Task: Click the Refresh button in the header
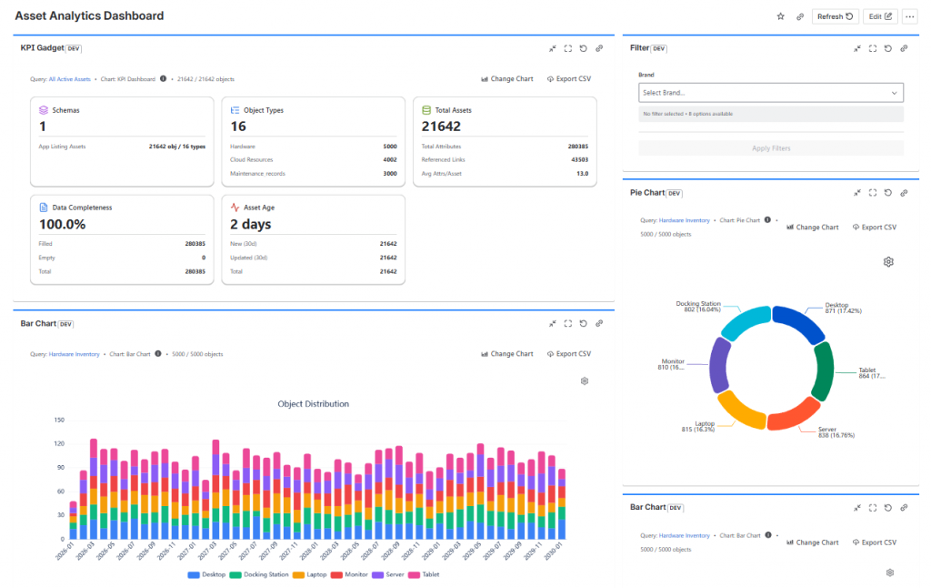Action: (835, 16)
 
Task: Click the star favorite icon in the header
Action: (780, 16)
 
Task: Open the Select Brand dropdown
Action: (770, 93)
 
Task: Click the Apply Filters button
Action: (770, 148)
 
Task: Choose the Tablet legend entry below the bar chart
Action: (424, 574)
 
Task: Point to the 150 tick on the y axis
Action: (59, 421)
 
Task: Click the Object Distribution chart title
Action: (313, 404)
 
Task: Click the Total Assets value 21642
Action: (441, 127)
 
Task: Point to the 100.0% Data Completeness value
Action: (62, 224)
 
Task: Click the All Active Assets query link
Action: (70, 79)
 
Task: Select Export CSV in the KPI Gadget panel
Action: (569, 79)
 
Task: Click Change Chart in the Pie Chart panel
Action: (813, 227)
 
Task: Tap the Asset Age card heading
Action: (260, 208)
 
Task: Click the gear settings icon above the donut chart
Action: (888, 262)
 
